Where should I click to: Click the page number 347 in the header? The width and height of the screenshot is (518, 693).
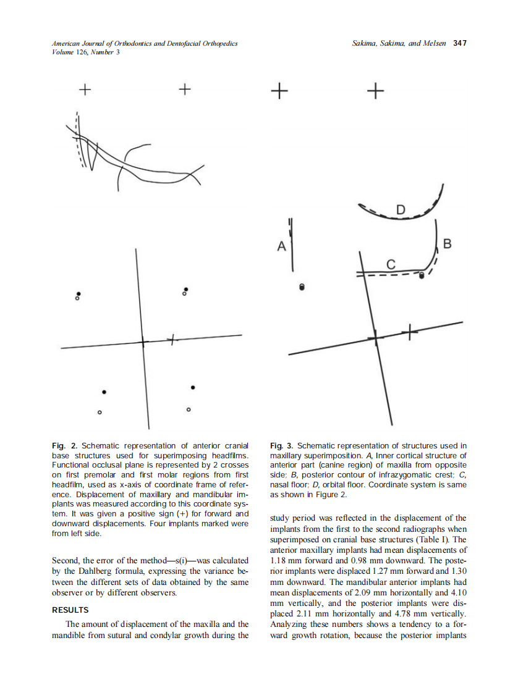click(x=459, y=43)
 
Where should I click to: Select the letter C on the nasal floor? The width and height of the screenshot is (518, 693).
click(x=390, y=264)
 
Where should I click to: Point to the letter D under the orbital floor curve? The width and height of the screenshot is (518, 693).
click(x=401, y=209)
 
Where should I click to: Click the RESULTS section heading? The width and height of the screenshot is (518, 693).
click(x=70, y=610)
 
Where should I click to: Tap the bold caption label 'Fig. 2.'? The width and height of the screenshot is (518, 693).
click(x=64, y=445)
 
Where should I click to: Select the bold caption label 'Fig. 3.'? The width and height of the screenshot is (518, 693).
click(x=283, y=445)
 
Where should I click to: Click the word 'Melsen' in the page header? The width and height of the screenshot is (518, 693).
click(x=434, y=43)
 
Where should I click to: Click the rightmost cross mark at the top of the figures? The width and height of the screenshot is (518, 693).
click(x=375, y=91)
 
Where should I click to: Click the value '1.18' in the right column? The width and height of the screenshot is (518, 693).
click(x=282, y=561)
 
